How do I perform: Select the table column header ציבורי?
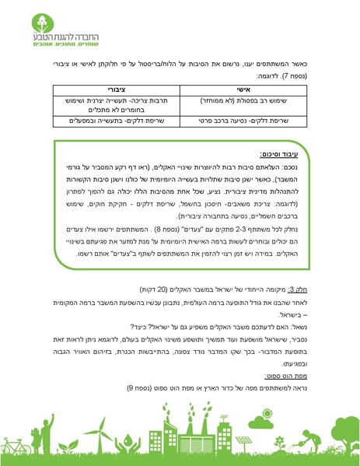[115, 92]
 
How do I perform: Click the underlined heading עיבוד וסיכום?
[285, 156]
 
